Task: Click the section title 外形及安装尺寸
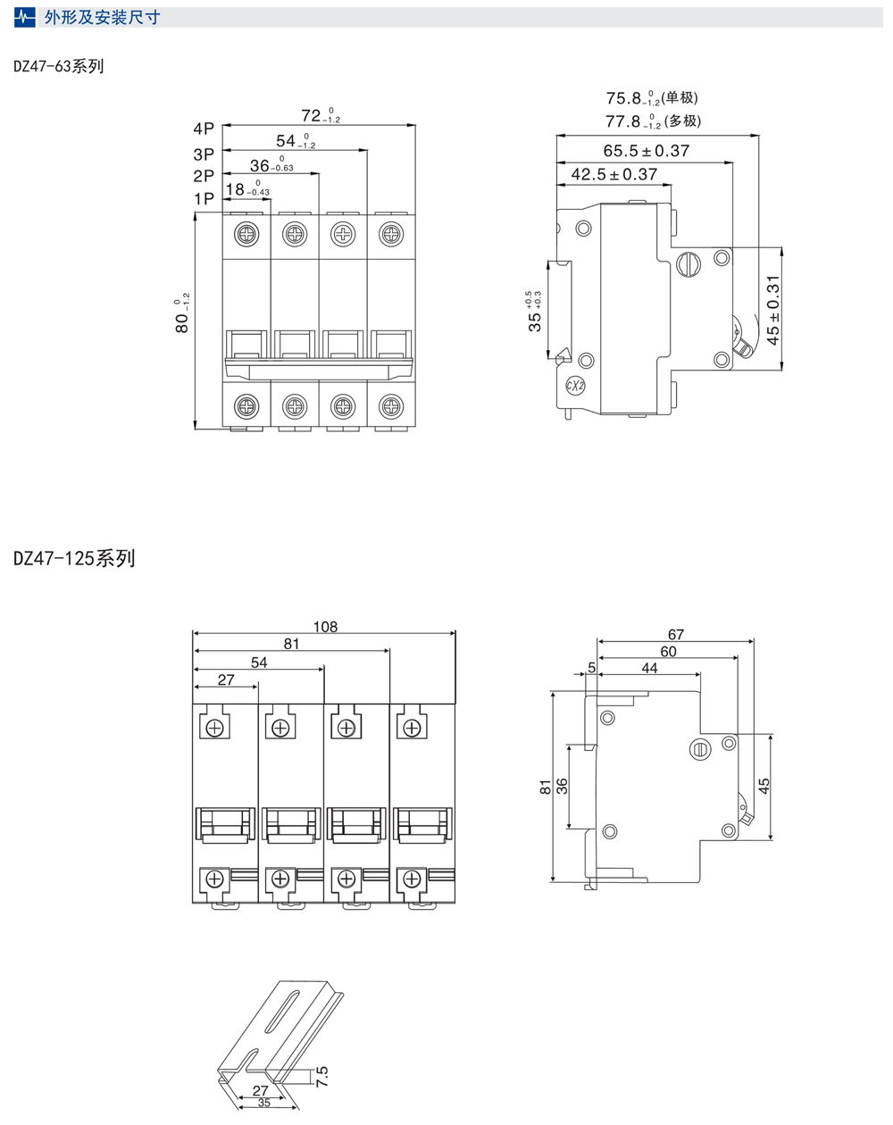pyautogui.click(x=102, y=18)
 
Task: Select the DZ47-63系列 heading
pyautogui.click(x=59, y=66)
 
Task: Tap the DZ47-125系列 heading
pyautogui.click(x=74, y=559)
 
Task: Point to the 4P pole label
pyautogui.click(x=204, y=129)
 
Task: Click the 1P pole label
pyautogui.click(x=204, y=198)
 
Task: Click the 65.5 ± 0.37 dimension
pyautogui.click(x=646, y=151)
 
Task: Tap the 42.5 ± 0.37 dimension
pyautogui.click(x=613, y=175)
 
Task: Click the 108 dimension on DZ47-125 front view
pyautogui.click(x=325, y=627)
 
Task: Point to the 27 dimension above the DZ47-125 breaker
pyautogui.click(x=226, y=679)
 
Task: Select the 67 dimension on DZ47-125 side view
pyautogui.click(x=676, y=635)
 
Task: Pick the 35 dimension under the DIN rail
pyautogui.click(x=264, y=1103)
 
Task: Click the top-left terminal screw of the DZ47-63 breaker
pyautogui.click(x=246, y=234)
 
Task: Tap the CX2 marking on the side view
pyautogui.click(x=575, y=386)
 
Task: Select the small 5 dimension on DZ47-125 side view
pyautogui.click(x=592, y=668)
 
